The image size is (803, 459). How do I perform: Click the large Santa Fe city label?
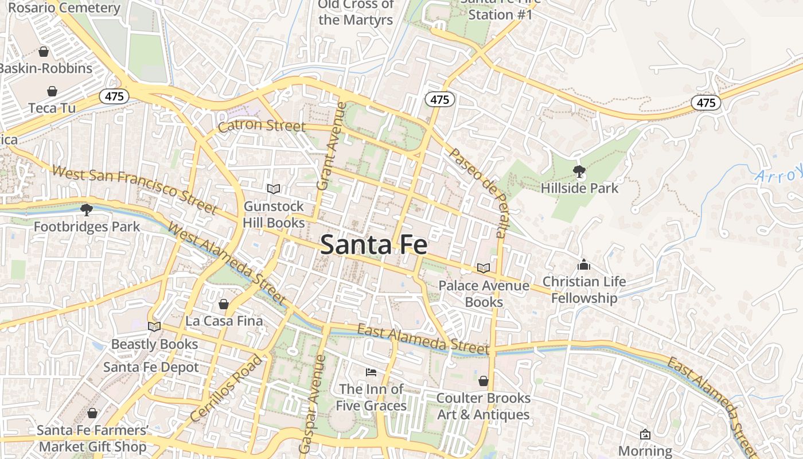(x=373, y=245)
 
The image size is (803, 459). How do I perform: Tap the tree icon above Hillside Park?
(x=579, y=171)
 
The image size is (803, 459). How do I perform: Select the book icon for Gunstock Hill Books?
(x=274, y=189)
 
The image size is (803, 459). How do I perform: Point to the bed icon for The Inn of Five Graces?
(x=371, y=372)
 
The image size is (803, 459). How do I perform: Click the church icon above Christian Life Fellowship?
(x=584, y=264)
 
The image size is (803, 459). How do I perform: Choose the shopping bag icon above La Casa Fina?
(x=224, y=304)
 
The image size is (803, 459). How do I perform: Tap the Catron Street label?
(x=262, y=125)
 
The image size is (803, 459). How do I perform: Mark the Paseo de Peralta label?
(x=478, y=192)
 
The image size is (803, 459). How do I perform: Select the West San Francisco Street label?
(x=134, y=188)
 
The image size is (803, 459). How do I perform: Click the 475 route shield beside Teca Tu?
(x=114, y=96)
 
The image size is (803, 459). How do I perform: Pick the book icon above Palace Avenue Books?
(x=484, y=268)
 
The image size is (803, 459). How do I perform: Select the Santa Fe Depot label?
(x=151, y=367)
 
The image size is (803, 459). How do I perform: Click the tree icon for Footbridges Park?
(x=87, y=209)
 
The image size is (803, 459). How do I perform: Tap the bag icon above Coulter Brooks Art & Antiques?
(x=484, y=381)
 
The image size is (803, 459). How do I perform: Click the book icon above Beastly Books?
(x=154, y=326)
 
